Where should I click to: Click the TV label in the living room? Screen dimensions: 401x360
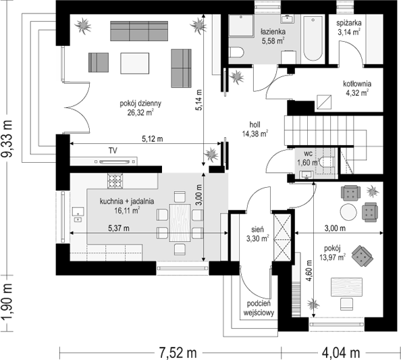[x=113, y=151]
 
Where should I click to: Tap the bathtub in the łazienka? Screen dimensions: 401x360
[x=313, y=38]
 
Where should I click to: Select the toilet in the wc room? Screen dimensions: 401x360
[x=327, y=162]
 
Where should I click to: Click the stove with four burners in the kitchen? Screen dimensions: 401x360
[x=115, y=181]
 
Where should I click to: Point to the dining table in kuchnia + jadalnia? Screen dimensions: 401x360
[x=180, y=223]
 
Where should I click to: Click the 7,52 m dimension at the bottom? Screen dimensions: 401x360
[x=178, y=353]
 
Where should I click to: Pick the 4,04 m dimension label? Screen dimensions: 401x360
[x=341, y=353]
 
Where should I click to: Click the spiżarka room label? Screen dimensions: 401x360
[x=349, y=23]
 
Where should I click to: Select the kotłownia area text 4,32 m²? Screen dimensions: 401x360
[x=357, y=93]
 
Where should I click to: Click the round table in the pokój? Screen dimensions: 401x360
[x=348, y=211]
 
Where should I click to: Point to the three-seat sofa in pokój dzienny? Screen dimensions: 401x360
[x=139, y=31]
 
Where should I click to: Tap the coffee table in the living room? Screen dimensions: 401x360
[x=135, y=63]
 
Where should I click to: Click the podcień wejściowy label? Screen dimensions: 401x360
[x=259, y=308]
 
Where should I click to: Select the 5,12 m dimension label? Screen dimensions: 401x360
[x=153, y=138]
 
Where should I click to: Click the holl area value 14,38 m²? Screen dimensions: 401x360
[x=255, y=133]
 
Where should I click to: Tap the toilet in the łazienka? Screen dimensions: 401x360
[x=236, y=52]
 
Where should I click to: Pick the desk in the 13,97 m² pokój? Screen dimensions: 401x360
[x=347, y=287]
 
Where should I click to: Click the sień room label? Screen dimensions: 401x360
[x=257, y=230]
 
